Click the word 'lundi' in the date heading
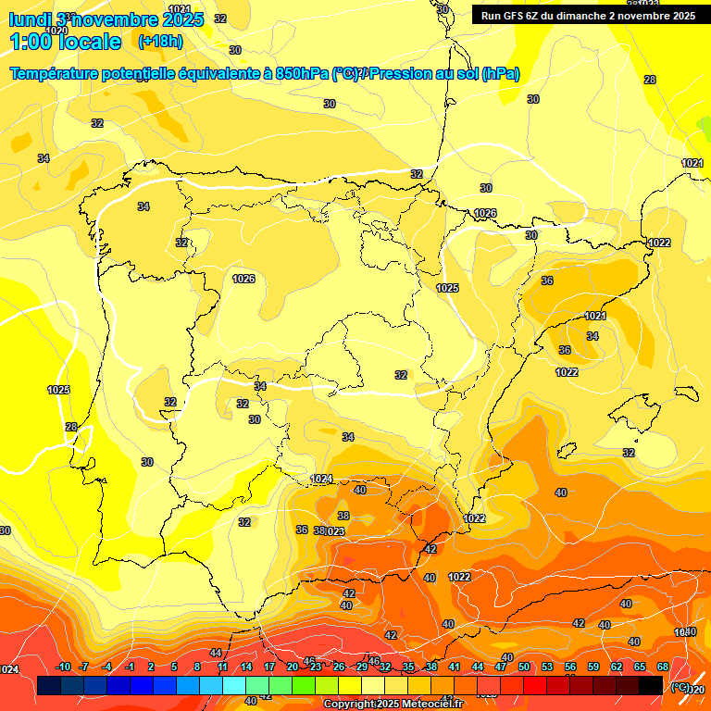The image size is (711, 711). tap(30, 19)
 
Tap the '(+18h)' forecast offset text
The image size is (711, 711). tap(160, 42)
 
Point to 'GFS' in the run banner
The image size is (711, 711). tap(518, 16)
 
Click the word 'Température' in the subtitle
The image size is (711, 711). tap(62, 74)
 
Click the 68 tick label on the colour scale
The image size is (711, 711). tap(663, 667)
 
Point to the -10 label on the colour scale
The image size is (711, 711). tap(63, 667)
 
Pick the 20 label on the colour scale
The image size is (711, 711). tap(293, 667)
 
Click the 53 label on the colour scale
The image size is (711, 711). tap(547, 667)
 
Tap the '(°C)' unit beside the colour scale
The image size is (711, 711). tap(680, 687)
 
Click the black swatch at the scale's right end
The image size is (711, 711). tap(651, 686)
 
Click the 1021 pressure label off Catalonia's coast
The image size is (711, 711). tap(595, 316)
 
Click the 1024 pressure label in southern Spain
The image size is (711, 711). tap(321, 479)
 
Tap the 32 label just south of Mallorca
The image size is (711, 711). tap(629, 453)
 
